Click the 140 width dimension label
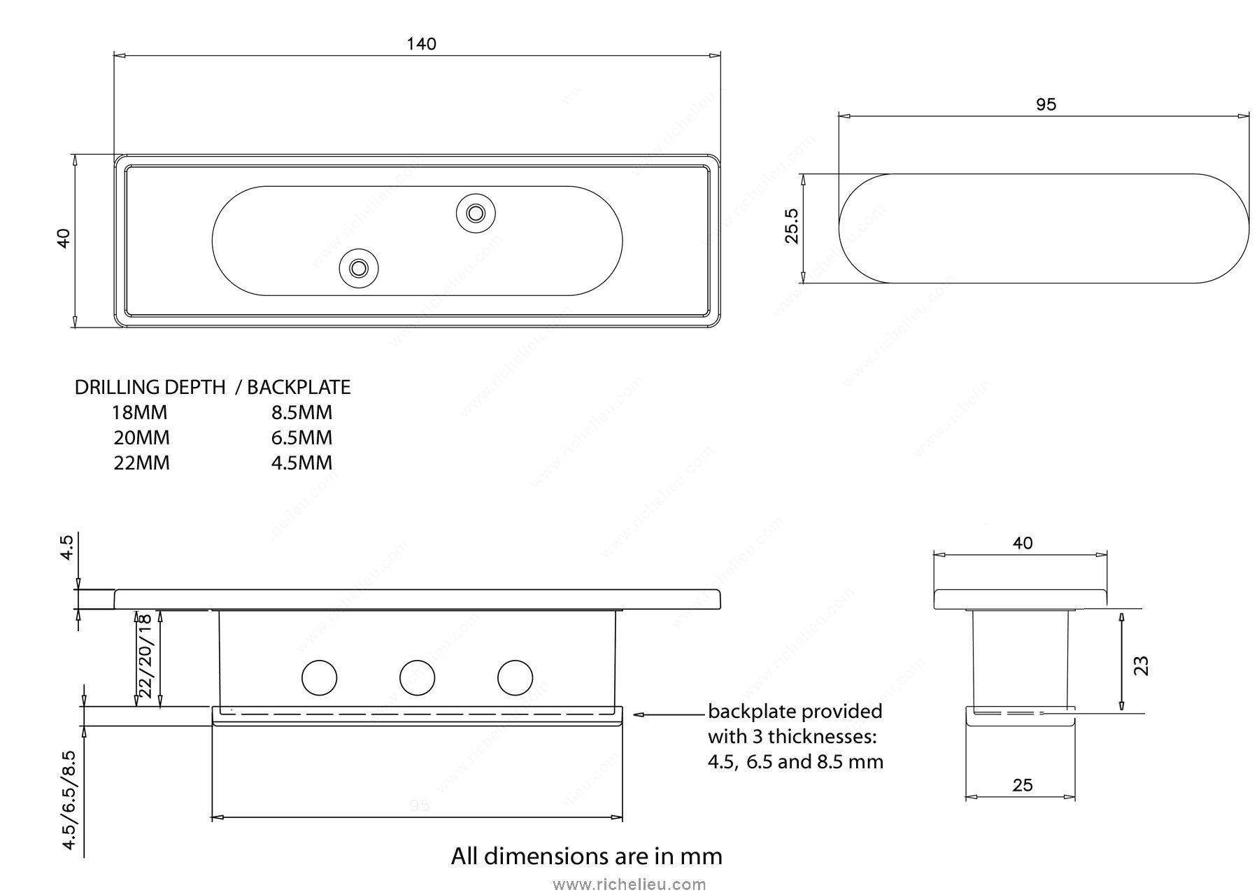tap(421, 44)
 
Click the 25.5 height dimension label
tap(791, 225)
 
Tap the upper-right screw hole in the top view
tap(476, 211)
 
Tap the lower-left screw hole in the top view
tap(360, 268)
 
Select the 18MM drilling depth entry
tap(140, 412)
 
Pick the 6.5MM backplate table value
tap(301, 438)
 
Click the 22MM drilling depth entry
tap(141, 463)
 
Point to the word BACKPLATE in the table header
tap(299, 387)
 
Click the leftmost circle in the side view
tap(319, 677)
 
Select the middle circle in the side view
tap(417, 677)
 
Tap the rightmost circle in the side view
tap(515, 677)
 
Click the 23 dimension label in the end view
tap(1141, 665)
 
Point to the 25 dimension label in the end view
tap(1022, 785)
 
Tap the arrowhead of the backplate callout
tap(637, 714)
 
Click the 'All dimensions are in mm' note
tap(586, 856)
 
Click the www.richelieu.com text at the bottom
tap(629, 885)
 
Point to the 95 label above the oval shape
tap(1046, 105)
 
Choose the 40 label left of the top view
tap(64, 239)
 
